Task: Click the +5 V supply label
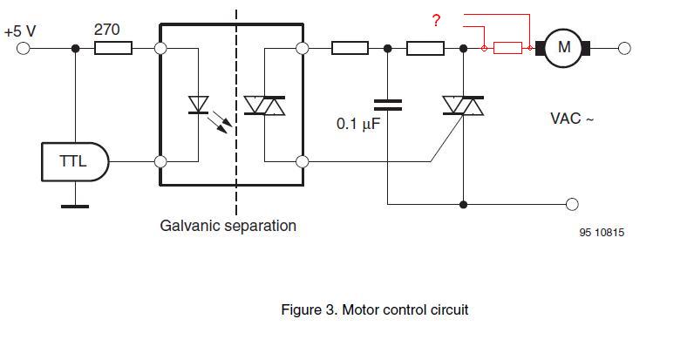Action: click(19, 31)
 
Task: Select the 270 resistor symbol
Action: click(113, 48)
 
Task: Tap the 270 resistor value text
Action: click(106, 30)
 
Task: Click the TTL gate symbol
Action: click(75, 161)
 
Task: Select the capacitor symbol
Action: click(388, 105)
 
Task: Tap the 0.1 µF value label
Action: click(359, 124)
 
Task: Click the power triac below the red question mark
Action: click(462, 105)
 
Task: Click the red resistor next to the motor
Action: click(507, 48)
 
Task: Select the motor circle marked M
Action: click(564, 48)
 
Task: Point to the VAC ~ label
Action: click(571, 119)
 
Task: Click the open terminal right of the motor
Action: click(624, 48)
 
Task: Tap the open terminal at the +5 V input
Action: click(24, 48)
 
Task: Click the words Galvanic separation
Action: click(228, 226)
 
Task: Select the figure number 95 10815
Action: click(601, 233)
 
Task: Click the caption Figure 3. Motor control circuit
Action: click(374, 309)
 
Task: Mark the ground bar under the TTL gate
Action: click(74, 206)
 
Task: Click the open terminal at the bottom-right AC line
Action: click(572, 205)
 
